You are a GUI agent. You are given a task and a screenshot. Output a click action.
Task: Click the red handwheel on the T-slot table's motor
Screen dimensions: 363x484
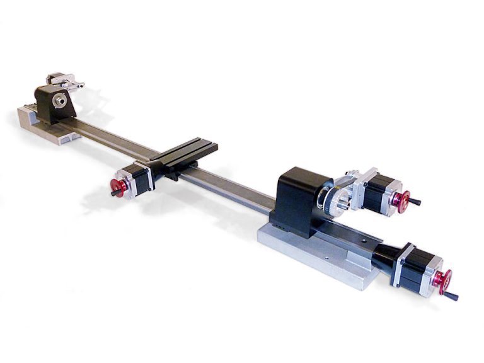pos(118,187)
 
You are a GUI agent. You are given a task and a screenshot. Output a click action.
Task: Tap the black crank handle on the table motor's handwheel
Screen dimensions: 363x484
pos(113,193)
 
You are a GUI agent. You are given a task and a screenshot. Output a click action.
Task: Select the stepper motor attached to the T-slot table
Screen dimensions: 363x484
pos(140,179)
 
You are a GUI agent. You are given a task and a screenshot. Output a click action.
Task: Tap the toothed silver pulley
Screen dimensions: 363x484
pos(335,200)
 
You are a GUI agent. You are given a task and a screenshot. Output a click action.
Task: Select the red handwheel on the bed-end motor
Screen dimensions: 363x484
pos(442,281)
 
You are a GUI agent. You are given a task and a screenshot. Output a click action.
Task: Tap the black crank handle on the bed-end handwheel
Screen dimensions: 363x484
pos(451,296)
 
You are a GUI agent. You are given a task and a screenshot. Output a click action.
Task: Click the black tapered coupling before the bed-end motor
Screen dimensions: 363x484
pos(384,255)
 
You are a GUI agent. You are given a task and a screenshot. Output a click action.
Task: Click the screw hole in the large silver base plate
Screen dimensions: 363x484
pos(326,257)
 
